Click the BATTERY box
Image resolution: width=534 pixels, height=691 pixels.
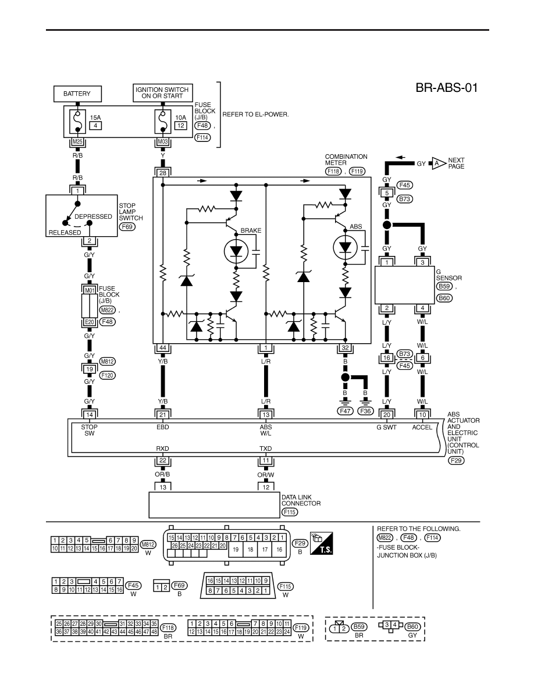tap(77, 94)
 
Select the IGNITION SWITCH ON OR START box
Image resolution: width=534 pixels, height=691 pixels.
tap(162, 93)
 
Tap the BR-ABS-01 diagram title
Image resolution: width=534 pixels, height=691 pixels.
tap(446, 88)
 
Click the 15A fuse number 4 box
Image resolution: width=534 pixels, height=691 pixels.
tap(95, 126)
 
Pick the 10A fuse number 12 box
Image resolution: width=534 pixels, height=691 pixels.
tap(181, 126)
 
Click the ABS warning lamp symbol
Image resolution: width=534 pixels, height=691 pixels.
tap(345, 248)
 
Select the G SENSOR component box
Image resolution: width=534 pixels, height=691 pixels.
tap(404, 285)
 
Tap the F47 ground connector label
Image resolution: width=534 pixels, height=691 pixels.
tap(345, 411)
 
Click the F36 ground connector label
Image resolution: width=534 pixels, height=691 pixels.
tap(365, 411)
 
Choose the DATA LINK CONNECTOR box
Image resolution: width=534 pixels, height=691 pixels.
tap(214, 505)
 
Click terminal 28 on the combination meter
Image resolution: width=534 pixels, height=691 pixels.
tap(162, 173)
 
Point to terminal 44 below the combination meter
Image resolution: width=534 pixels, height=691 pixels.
tap(162, 348)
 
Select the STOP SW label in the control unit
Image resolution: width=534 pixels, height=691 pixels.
tap(90, 430)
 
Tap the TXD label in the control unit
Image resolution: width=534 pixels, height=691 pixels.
tap(266, 448)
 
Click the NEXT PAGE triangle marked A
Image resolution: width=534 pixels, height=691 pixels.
tap(437, 163)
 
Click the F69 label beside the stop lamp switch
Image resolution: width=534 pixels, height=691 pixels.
tap(127, 227)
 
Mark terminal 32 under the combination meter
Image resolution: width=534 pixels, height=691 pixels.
tap(345, 348)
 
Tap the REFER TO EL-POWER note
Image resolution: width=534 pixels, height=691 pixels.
tap(255, 115)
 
